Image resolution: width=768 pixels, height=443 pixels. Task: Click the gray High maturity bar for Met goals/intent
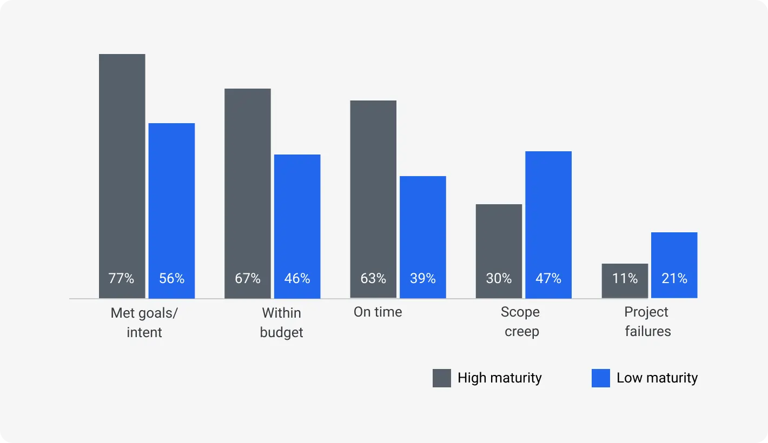coord(122,162)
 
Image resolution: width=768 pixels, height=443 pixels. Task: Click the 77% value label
coord(121,278)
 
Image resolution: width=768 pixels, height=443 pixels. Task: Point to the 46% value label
coord(297,278)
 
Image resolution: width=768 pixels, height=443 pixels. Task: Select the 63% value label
coord(373,278)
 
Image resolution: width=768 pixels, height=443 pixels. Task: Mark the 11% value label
coord(625,278)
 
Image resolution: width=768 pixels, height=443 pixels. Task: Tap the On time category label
coord(378,312)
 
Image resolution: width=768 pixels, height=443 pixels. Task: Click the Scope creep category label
coord(521,321)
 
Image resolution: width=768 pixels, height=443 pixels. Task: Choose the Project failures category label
coord(647,321)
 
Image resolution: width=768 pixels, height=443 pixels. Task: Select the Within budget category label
coord(281,323)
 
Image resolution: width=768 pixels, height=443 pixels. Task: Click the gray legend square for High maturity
coord(442,378)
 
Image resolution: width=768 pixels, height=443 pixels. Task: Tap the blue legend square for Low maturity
coord(601,378)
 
